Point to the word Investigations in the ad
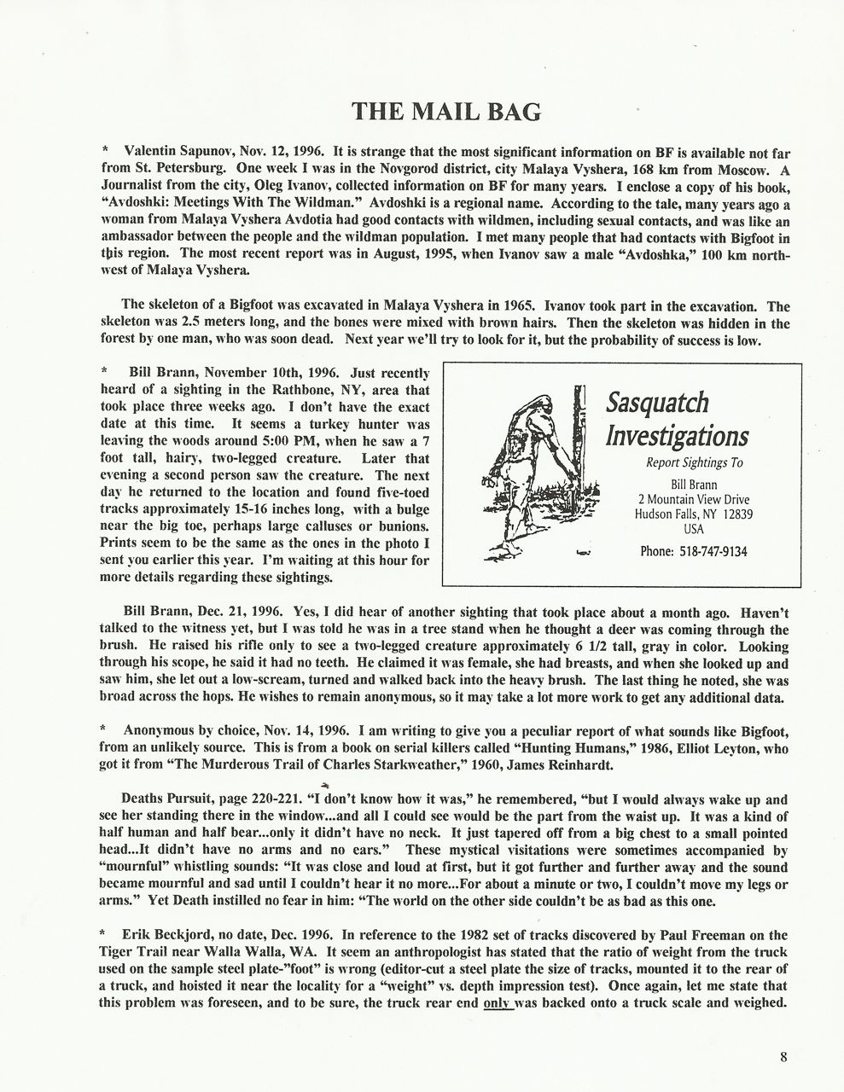pyautogui.click(x=677, y=437)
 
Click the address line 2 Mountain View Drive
pyautogui.click(x=694, y=500)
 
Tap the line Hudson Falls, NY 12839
pyautogui.click(x=694, y=514)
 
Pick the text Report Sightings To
pyautogui.click(x=694, y=463)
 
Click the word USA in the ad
pyautogui.click(x=694, y=529)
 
